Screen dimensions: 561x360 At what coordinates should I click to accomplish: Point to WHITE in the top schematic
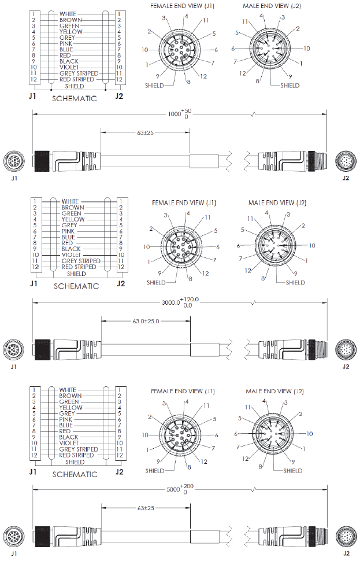point(68,13)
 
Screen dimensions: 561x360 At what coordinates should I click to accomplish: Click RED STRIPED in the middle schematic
point(79,267)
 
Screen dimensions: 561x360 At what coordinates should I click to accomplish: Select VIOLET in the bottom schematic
point(69,443)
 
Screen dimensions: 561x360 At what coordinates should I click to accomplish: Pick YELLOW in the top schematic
point(70,31)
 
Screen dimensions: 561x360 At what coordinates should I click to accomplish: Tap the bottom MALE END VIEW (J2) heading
point(267,391)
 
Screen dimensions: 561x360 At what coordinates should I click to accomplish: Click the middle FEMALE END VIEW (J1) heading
point(184,203)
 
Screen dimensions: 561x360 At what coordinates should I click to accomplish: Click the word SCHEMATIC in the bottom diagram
point(75,474)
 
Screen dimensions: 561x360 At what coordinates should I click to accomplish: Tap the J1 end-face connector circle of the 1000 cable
point(14,160)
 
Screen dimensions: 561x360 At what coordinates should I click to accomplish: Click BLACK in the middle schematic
point(70,249)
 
